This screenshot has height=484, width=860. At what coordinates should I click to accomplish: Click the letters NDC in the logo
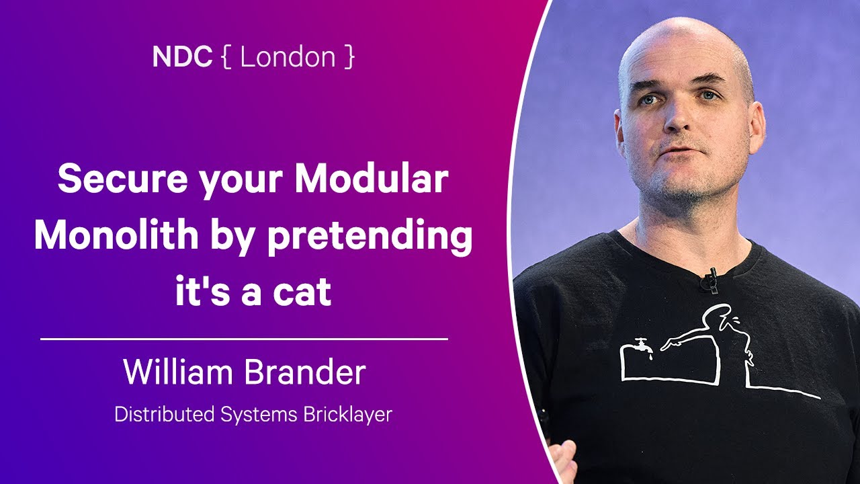click(181, 58)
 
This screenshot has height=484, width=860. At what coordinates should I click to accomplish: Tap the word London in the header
click(288, 58)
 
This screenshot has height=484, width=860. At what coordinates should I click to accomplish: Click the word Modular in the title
click(372, 181)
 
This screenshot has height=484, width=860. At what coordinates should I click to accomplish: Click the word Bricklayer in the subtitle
click(350, 415)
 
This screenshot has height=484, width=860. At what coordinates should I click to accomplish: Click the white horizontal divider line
click(244, 339)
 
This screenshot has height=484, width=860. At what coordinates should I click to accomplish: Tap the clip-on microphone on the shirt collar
click(709, 280)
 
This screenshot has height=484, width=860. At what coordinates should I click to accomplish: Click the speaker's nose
click(679, 121)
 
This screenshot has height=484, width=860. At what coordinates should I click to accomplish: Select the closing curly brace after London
click(349, 58)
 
